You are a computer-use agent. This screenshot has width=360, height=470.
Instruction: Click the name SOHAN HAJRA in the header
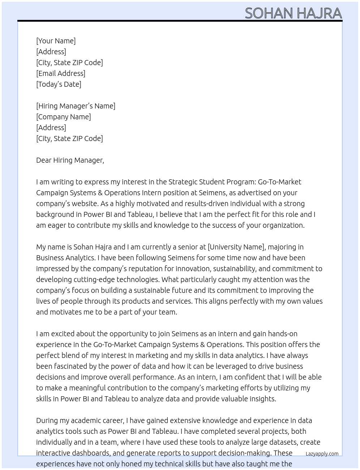(x=293, y=13)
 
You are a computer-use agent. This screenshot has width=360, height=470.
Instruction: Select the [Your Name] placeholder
(x=56, y=41)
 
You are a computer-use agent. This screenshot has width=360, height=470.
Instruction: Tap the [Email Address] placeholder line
(x=61, y=73)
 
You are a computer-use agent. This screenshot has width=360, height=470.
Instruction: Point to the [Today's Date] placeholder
(x=59, y=84)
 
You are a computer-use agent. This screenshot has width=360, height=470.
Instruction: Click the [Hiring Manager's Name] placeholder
(x=76, y=106)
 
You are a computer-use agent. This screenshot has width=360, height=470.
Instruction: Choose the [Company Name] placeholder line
(x=63, y=117)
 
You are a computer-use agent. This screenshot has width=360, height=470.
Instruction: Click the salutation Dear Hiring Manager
(x=70, y=160)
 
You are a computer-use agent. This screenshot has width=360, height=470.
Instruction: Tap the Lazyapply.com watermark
(x=322, y=454)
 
